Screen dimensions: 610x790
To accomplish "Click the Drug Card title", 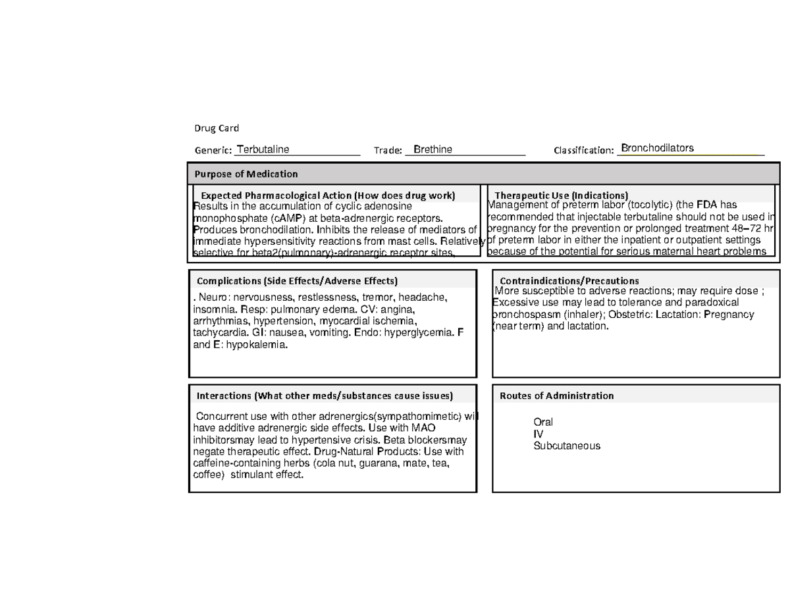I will coord(216,128).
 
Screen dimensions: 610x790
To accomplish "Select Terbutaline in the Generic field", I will coord(263,149).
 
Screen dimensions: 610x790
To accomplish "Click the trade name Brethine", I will coord(433,149).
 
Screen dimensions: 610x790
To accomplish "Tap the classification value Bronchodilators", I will coord(657,148).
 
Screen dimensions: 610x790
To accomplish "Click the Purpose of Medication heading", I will coord(246,174).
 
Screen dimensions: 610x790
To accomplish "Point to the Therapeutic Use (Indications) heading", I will coord(561,195).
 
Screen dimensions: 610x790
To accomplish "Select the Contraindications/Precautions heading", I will coord(569,281).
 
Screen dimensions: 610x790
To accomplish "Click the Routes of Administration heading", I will coord(556,395).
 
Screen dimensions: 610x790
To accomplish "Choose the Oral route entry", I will coord(543,422).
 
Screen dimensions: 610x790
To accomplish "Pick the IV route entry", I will coord(538,434).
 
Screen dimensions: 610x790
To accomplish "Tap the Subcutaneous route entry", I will coord(566,445).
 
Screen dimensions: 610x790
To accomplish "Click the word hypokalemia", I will coord(256,345).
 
